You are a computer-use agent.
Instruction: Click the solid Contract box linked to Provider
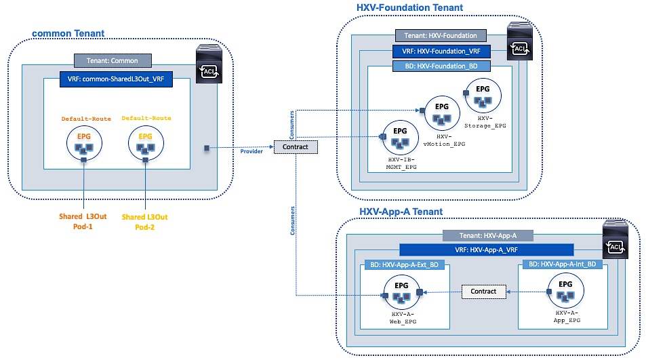(295, 146)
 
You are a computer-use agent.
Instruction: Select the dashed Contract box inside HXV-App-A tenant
(483, 291)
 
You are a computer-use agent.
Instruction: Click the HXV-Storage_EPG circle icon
(483, 94)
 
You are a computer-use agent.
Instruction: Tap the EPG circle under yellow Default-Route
(145, 142)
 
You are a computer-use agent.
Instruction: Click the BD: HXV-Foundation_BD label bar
(441, 65)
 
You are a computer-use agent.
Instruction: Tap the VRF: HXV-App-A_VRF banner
(486, 249)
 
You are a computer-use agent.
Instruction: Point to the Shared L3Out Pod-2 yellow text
(144, 221)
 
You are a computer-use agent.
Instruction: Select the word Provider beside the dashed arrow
(251, 151)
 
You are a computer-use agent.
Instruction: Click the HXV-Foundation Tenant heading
(409, 7)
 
